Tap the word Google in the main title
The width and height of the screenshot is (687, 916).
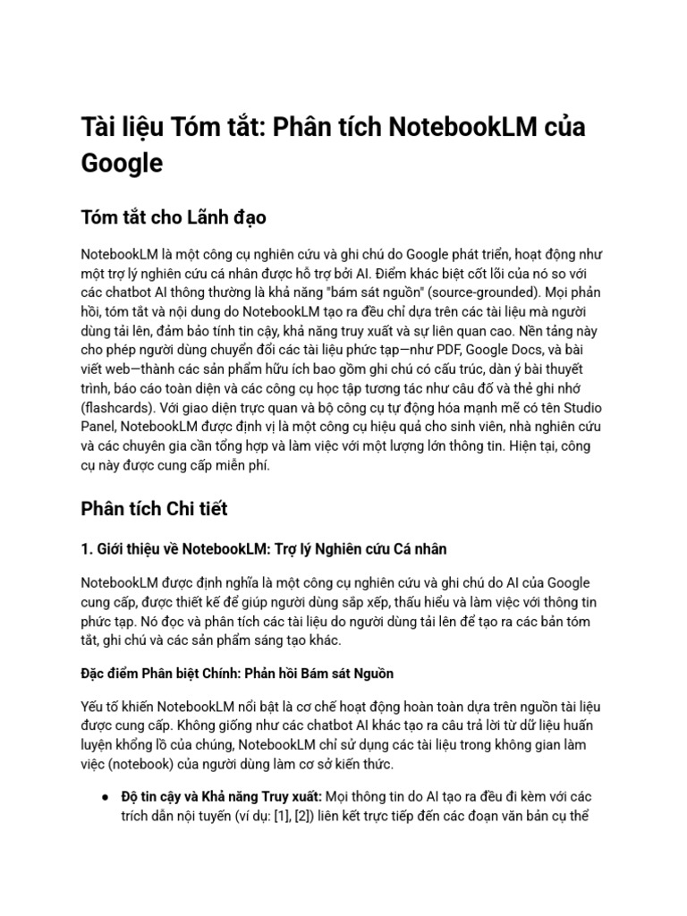[122, 163]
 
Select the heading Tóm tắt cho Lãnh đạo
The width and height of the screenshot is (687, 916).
[174, 217]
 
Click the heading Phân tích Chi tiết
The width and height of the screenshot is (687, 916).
[154, 508]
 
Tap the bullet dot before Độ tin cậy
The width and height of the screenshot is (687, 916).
[106, 796]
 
